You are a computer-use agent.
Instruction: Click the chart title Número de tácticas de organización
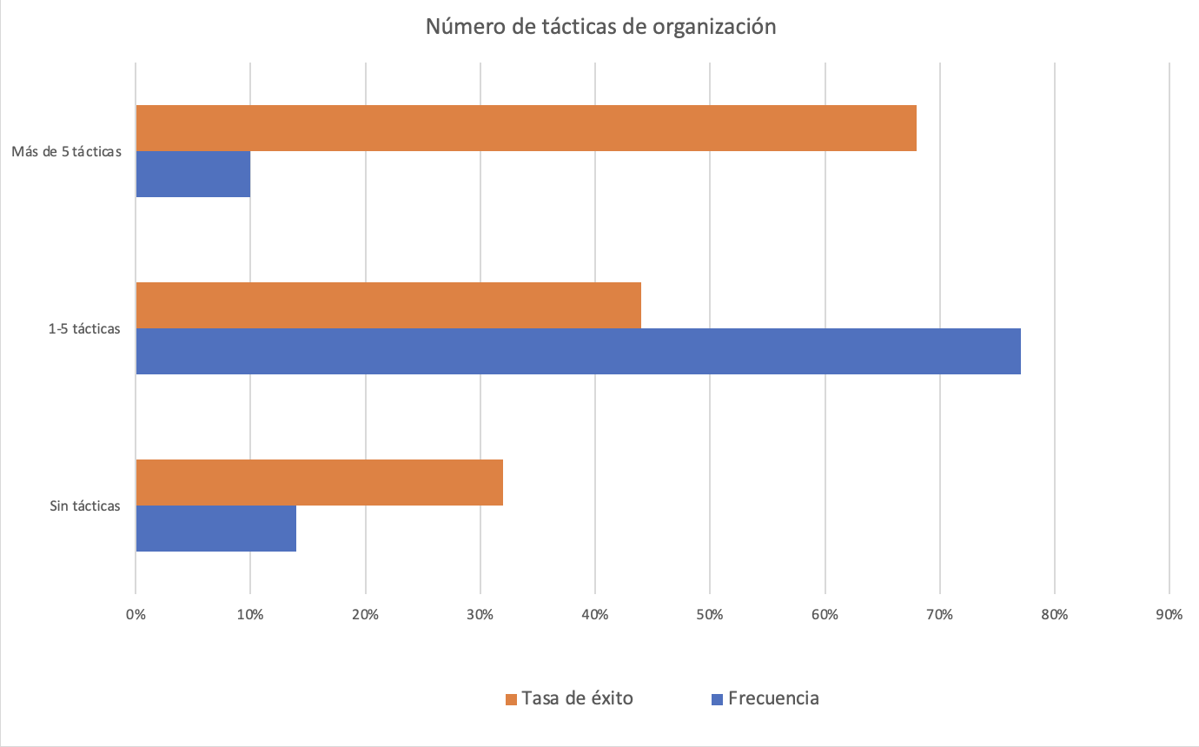(599, 27)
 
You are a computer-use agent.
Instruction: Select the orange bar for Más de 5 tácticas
(526, 129)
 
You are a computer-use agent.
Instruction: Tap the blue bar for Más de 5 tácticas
(193, 175)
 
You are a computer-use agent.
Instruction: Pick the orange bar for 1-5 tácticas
(388, 305)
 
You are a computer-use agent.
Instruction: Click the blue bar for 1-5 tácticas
(578, 351)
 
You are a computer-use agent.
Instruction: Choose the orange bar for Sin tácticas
(319, 482)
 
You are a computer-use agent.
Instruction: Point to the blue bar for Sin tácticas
(215, 528)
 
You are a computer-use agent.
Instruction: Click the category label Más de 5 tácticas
(66, 152)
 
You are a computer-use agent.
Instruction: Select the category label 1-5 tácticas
(83, 328)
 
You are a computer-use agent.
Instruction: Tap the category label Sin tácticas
(85, 506)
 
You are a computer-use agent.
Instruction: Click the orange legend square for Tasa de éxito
(511, 699)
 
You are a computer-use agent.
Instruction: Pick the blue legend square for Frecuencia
(717, 699)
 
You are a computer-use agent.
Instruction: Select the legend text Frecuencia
(773, 698)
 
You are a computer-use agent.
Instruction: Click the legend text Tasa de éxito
(577, 698)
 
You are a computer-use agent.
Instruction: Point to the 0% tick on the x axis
(136, 615)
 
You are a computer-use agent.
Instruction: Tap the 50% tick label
(710, 615)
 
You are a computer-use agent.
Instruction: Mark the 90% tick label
(1169, 615)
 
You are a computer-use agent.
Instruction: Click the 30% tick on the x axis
(480, 615)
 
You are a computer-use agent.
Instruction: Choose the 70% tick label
(940, 615)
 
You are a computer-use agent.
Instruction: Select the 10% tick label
(250, 615)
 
